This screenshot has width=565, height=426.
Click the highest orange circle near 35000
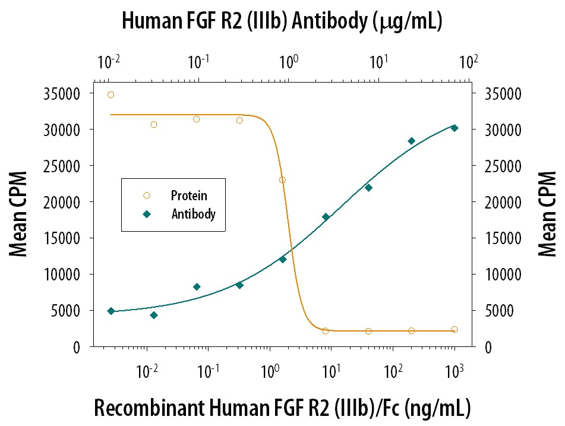[111, 94]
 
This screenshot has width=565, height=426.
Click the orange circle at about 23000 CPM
[282, 179]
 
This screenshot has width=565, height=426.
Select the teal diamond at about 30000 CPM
[454, 128]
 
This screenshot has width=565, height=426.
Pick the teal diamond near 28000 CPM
[411, 141]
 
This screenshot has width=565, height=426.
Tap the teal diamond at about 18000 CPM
[326, 217]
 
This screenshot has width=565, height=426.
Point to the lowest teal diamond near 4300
[154, 315]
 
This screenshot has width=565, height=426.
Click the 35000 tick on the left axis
[62, 94]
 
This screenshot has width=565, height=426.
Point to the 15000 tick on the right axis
[504, 239]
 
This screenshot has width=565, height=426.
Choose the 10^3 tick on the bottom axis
[453, 371]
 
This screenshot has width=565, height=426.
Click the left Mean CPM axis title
[19, 214]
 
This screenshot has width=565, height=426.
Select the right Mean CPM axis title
[547, 214]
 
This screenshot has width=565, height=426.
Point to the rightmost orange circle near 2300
[454, 329]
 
